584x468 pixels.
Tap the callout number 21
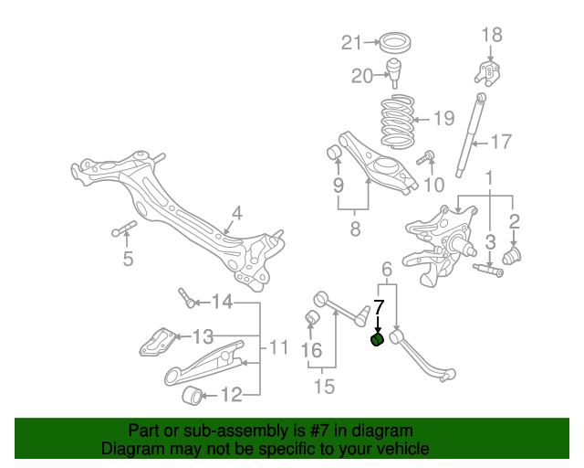pos(352,42)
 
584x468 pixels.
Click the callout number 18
pos(491,36)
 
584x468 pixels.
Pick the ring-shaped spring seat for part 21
pos(395,42)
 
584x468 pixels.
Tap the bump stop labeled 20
pos(395,70)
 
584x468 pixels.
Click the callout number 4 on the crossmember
pos(236,215)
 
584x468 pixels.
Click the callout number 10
pos(433,186)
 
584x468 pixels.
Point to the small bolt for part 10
pos(424,161)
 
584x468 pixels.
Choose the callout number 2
pos(515,220)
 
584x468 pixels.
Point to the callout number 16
pos(312,350)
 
